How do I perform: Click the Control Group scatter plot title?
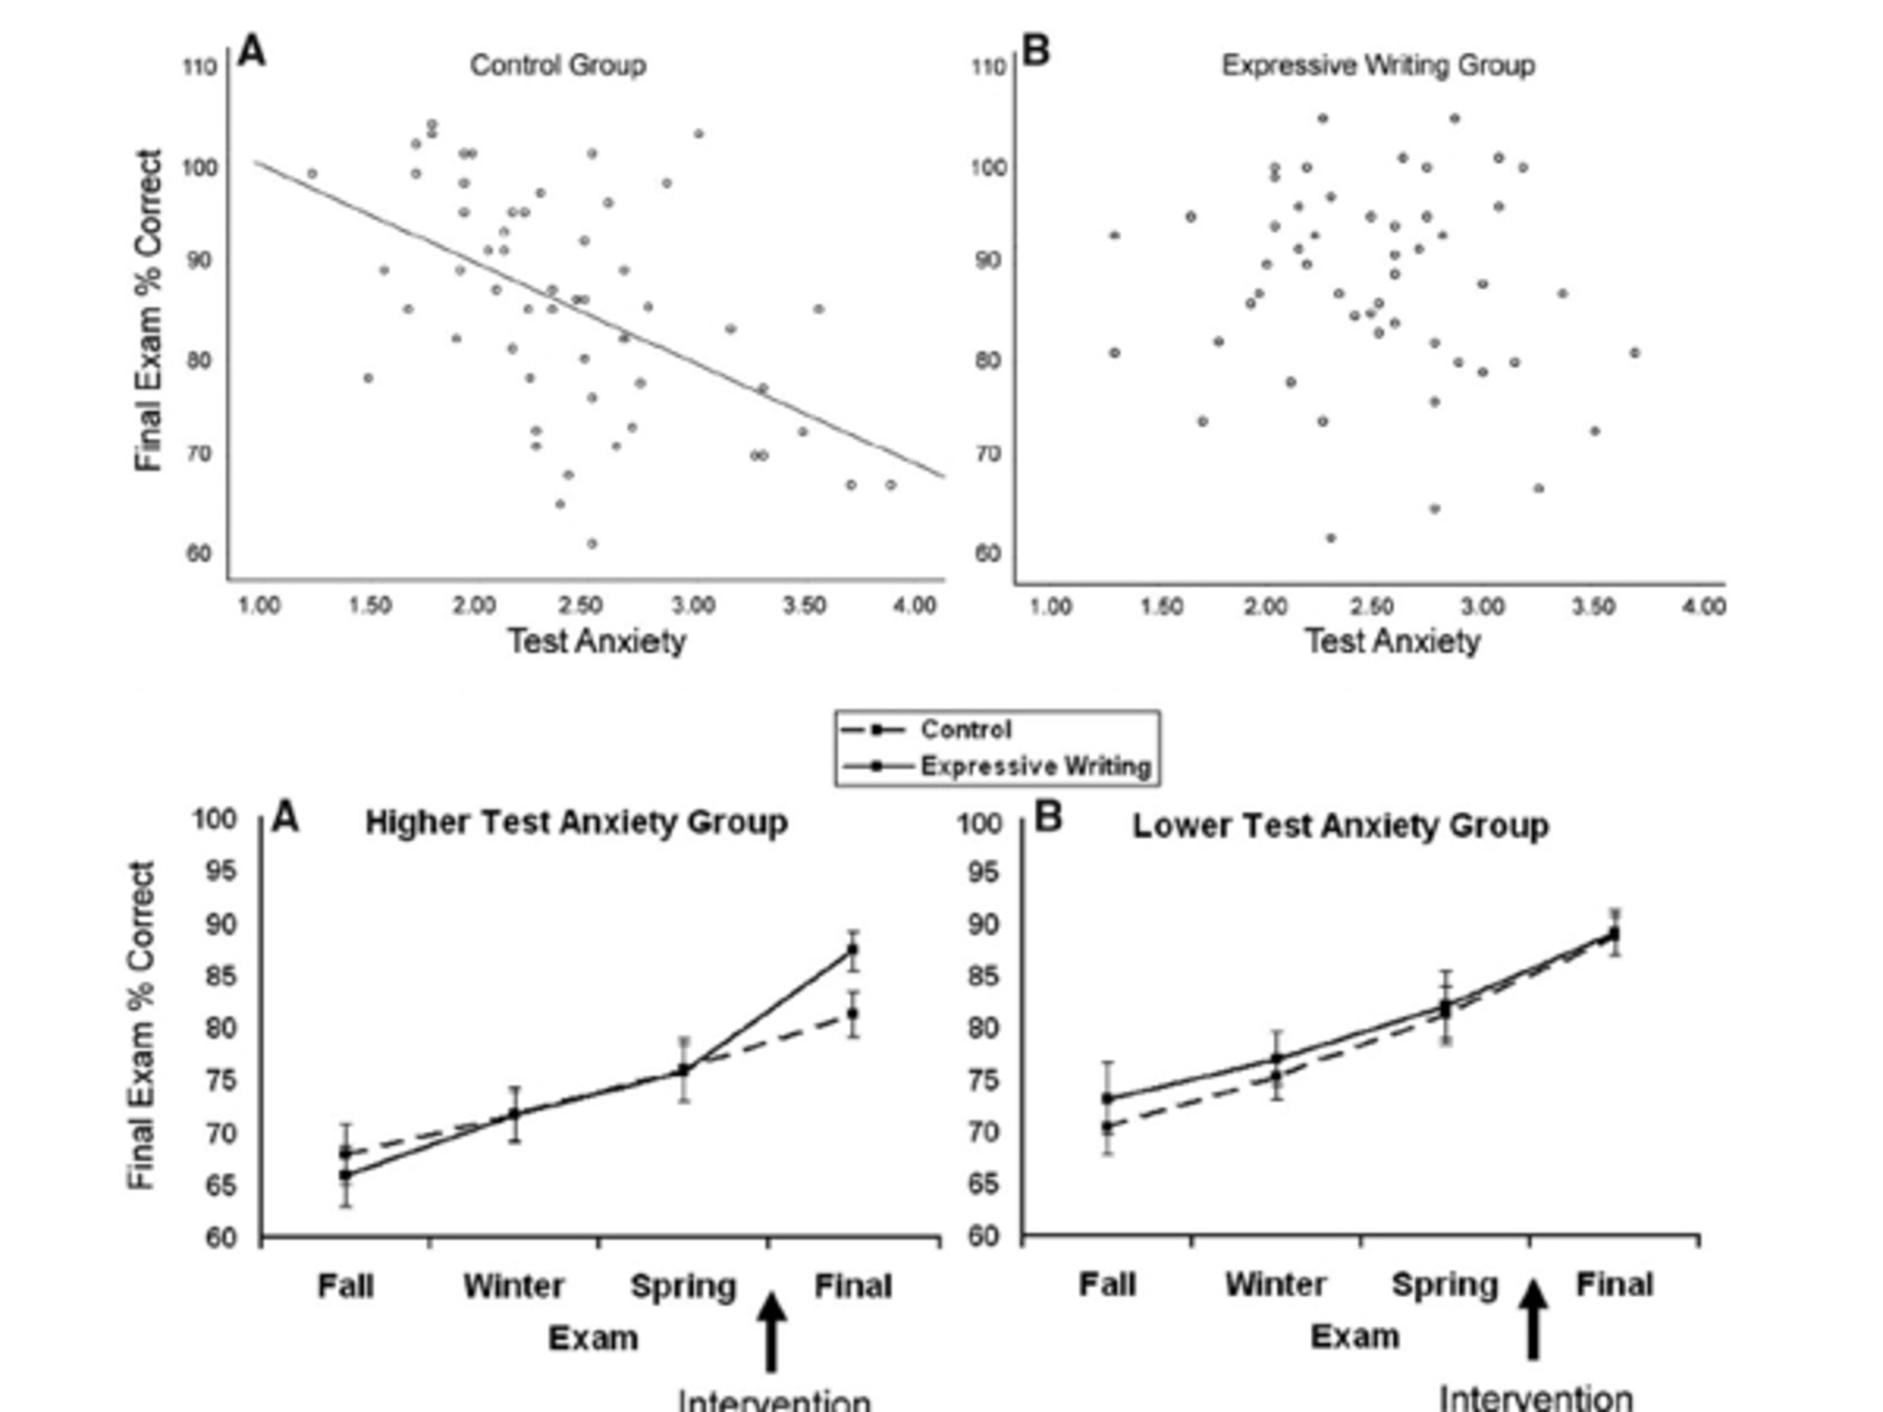tap(558, 66)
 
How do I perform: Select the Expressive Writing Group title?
tap(1377, 66)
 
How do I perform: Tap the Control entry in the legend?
tap(965, 729)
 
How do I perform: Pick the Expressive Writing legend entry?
tap(1035, 766)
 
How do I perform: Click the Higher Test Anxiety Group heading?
tap(576, 823)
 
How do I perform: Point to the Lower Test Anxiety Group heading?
tap(1340, 826)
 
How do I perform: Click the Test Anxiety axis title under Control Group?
tap(597, 641)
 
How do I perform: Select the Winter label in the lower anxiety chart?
tap(1275, 1283)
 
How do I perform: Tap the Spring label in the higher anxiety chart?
tap(683, 1286)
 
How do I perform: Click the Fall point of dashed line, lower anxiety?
tap(1108, 1126)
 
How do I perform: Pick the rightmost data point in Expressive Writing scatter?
tap(1634, 352)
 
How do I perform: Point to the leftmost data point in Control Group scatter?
tap(311, 173)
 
